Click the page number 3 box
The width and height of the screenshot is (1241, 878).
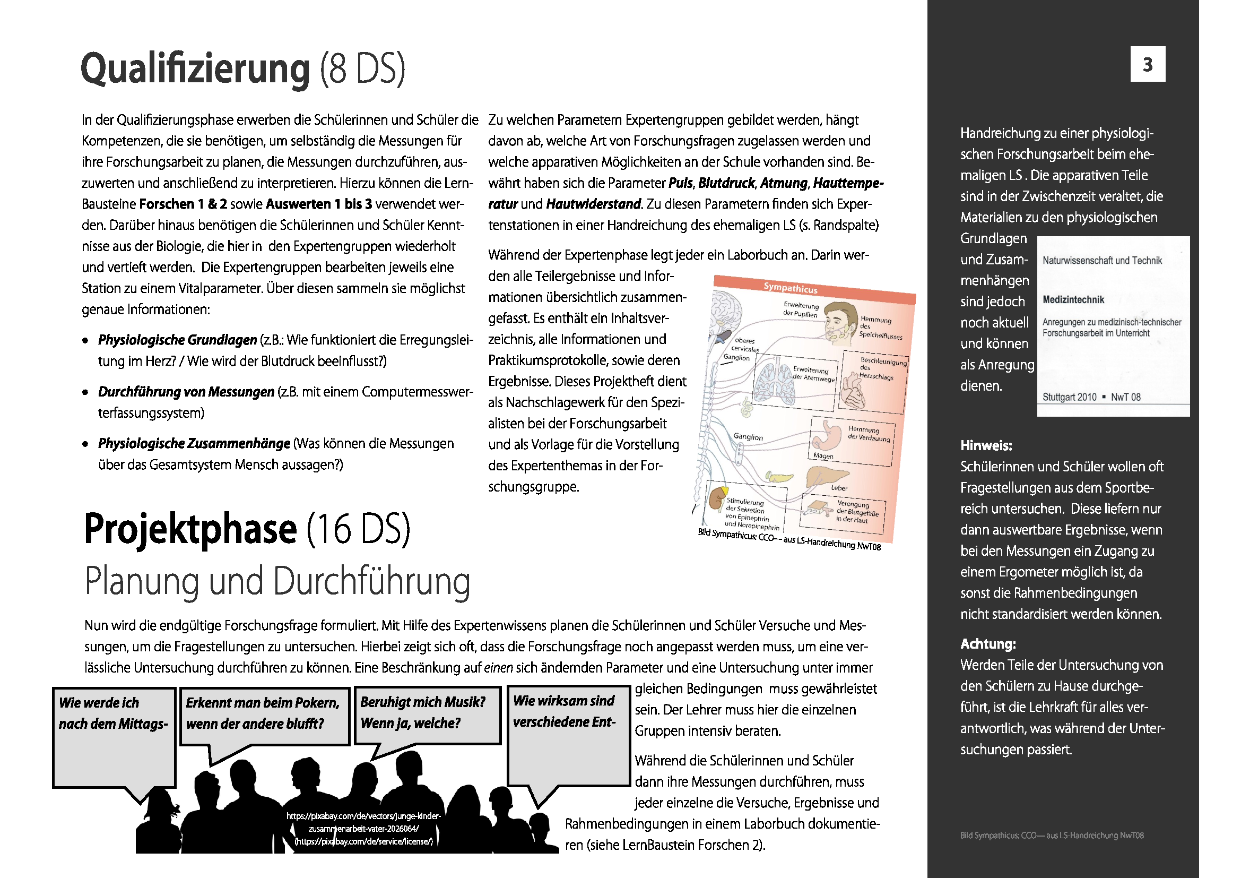pyautogui.click(x=1148, y=64)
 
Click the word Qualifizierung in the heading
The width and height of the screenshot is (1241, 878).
pyautogui.click(x=195, y=68)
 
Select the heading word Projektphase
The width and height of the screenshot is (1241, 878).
pyautogui.click(x=191, y=528)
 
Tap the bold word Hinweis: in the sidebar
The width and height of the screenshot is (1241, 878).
pyautogui.click(x=986, y=445)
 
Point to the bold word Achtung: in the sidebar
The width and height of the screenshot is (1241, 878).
pyautogui.click(x=987, y=644)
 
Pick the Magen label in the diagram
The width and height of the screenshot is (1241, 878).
pyautogui.click(x=823, y=456)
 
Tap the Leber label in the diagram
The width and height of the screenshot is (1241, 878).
pyautogui.click(x=839, y=488)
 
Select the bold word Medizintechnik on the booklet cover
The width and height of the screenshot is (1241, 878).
pyautogui.click(x=1073, y=299)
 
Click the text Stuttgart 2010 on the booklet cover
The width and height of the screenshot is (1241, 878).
pyautogui.click(x=1069, y=397)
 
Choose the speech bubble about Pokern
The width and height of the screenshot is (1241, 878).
pyautogui.click(x=264, y=713)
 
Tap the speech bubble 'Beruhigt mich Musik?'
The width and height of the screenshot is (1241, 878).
pyautogui.click(x=427, y=713)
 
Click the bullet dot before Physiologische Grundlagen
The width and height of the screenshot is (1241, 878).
pyautogui.click(x=85, y=341)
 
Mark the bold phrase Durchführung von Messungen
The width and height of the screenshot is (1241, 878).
pyautogui.click(x=186, y=392)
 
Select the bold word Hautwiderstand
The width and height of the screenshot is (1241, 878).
pyautogui.click(x=593, y=204)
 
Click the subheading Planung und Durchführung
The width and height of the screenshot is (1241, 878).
pyautogui.click(x=277, y=582)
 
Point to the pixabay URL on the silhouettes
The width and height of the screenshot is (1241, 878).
pyautogui.click(x=363, y=828)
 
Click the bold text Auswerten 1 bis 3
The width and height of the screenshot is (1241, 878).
pyautogui.click(x=319, y=204)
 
